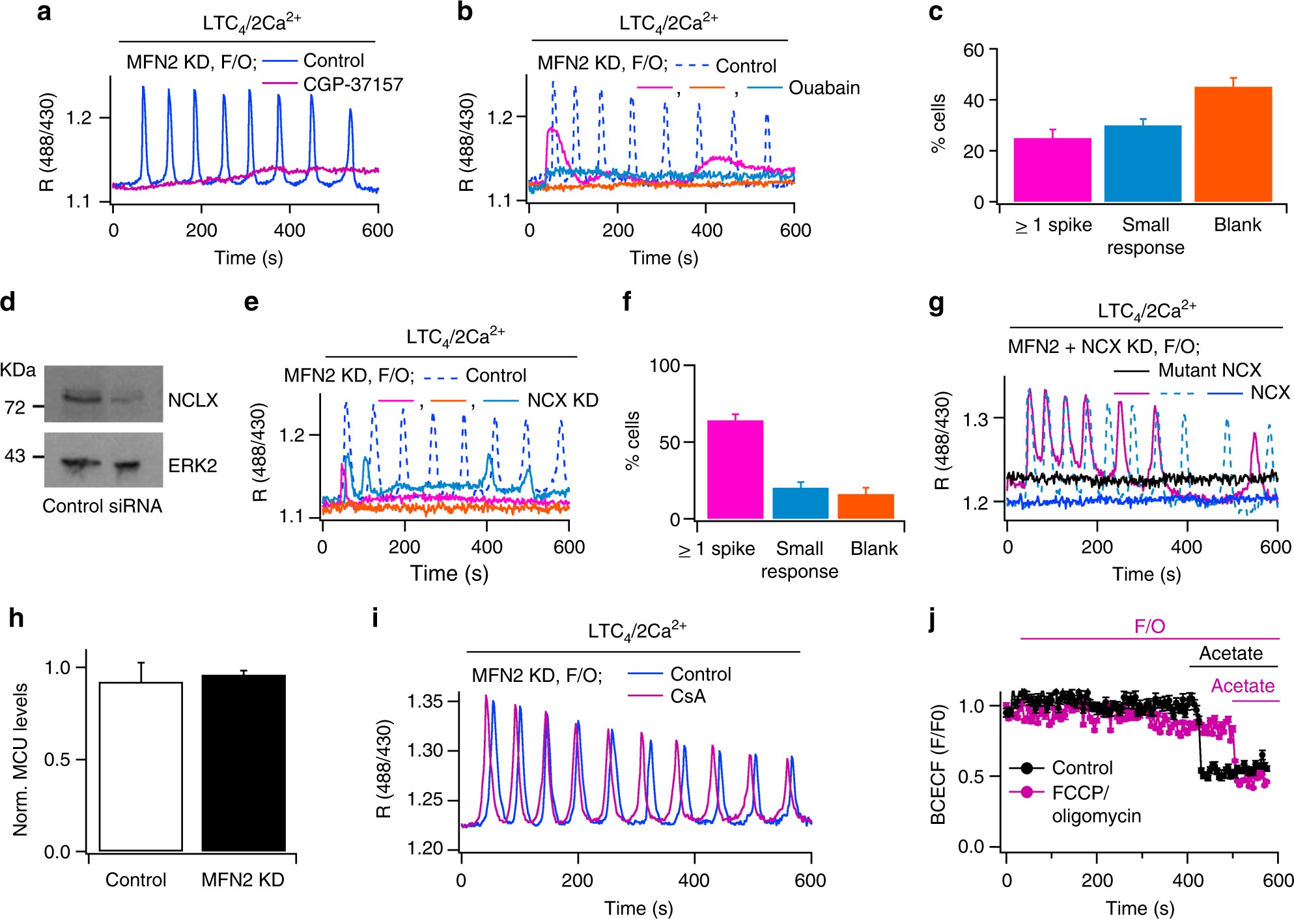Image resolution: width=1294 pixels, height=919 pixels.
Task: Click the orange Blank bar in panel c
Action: pyautogui.click(x=1233, y=144)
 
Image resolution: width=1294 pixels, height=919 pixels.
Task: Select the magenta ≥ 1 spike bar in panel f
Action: pyautogui.click(x=735, y=470)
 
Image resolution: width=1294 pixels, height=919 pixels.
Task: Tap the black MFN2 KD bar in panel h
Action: pyautogui.click(x=244, y=763)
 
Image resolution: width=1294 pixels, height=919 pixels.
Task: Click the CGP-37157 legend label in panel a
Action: pyautogui.click(x=353, y=85)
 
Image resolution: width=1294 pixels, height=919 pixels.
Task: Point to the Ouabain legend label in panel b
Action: pyautogui.click(x=824, y=88)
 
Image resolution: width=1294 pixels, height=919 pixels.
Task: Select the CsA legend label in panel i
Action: pyautogui.click(x=688, y=696)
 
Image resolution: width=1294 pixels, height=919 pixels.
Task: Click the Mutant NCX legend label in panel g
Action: pyautogui.click(x=1209, y=370)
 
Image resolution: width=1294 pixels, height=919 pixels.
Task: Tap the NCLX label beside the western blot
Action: pyautogui.click(x=193, y=400)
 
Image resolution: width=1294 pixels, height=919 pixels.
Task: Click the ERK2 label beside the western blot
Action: pyautogui.click(x=193, y=466)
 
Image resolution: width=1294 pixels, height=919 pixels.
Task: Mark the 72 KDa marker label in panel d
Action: pyautogui.click(x=15, y=408)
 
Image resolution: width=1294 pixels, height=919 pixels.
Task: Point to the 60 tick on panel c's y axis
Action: pyautogui.click(x=974, y=50)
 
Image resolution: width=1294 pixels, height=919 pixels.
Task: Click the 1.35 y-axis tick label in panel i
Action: pyautogui.click(x=425, y=701)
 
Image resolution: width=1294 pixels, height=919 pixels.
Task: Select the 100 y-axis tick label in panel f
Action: pyautogui.click(x=664, y=365)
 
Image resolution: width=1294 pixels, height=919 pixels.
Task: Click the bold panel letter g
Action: pyautogui.click(x=936, y=304)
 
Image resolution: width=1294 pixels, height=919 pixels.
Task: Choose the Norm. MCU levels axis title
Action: pyautogui.click(x=20, y=759)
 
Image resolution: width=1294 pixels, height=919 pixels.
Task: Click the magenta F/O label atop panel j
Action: pyautogui.click(x=1149, y=627)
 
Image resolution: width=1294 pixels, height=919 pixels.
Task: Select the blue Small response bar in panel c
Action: pyautogui.click(x=1142, y=163)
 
